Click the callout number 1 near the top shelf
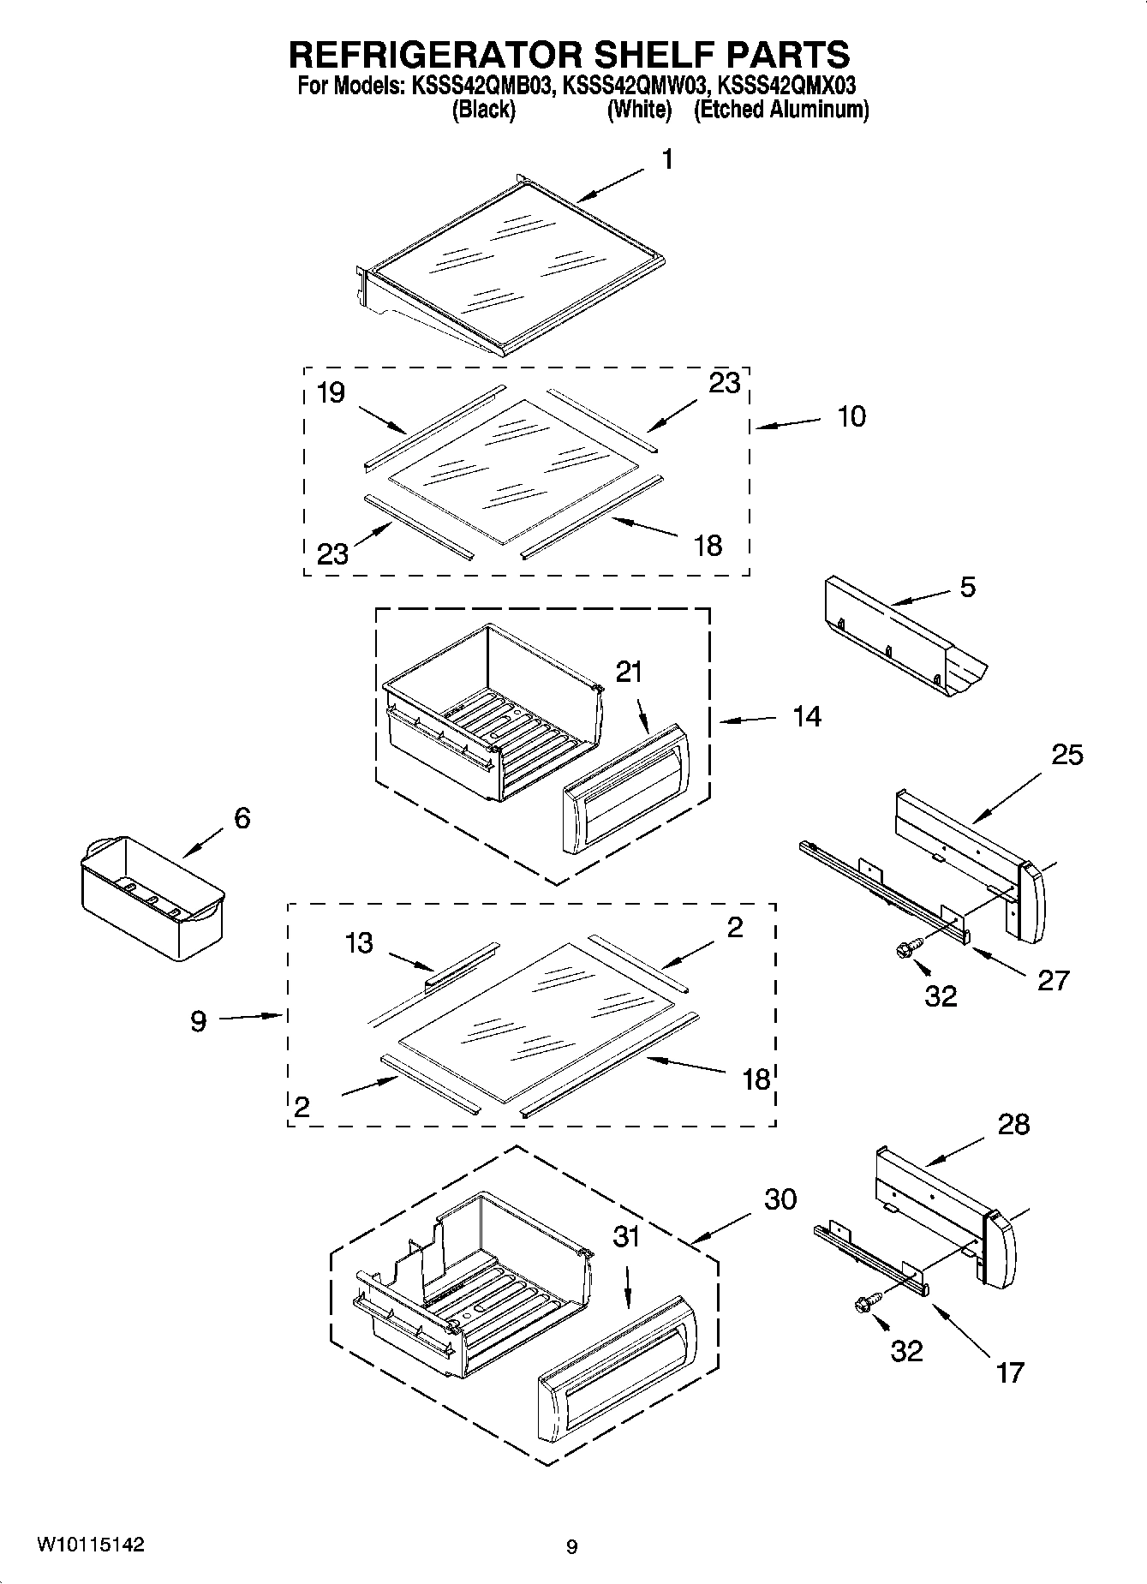tap(666, 159)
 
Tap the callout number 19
tap(331, 392)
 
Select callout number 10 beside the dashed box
tap(851, 417)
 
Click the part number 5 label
tap(967, 587)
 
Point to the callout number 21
tap(629, 672)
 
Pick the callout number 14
tap(806, 716)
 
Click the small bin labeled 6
tap(151, 895)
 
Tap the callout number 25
tap(1067, 755)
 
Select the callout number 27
tap(1053, 979)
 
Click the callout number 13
tap(359, 943)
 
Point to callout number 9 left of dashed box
tap(198, 1021)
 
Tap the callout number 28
tap(1013, 1124)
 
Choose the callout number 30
tap(780, 1198)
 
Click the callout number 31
tap(627, 1236)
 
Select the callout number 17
tap(1011, 1372)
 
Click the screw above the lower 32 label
tap(864, 1304)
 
